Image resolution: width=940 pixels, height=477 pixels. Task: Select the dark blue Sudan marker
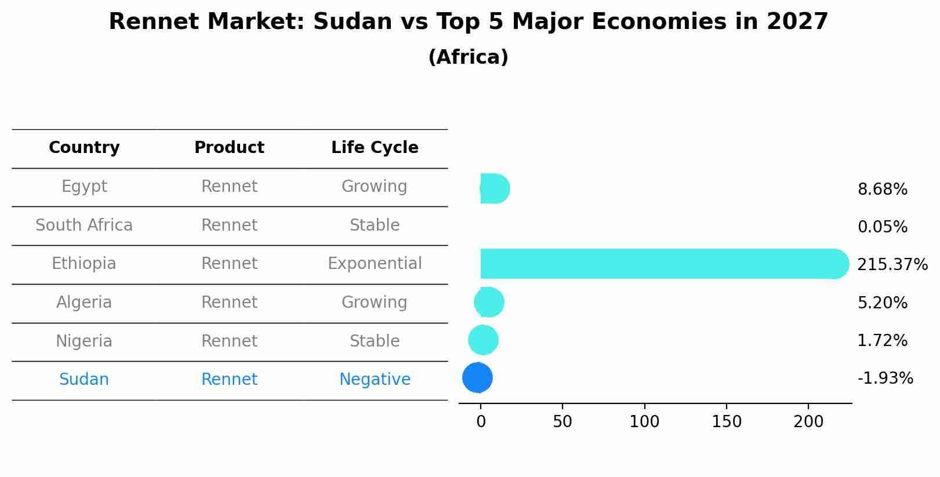tap(477, 378)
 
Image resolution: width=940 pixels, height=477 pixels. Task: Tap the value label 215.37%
tap(892, 265)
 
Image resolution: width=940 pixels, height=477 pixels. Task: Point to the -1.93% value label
tap(885, 378)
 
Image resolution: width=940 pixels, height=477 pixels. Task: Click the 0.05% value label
tap(882, 227)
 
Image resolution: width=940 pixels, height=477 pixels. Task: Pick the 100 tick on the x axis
tap(644, 422)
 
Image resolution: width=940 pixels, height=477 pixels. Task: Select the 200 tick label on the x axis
tap(808, 422)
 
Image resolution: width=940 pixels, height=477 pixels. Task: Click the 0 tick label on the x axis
tap(481, 422)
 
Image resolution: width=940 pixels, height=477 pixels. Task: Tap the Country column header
tap(84, 148)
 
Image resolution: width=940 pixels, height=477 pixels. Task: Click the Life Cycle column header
tap(375, 148)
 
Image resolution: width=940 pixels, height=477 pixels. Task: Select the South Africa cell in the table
tap(84, 225)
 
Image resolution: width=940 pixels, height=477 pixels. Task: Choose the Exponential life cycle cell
tap(375, 264)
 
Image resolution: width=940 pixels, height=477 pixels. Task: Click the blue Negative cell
tap(375, 380)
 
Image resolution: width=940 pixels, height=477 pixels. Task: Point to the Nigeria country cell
tap(84, 341)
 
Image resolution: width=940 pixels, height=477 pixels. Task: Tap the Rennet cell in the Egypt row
tap(229, 187)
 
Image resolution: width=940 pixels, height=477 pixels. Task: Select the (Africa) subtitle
tap(468, 57)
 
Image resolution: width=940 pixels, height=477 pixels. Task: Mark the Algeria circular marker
tap(489, 302)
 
